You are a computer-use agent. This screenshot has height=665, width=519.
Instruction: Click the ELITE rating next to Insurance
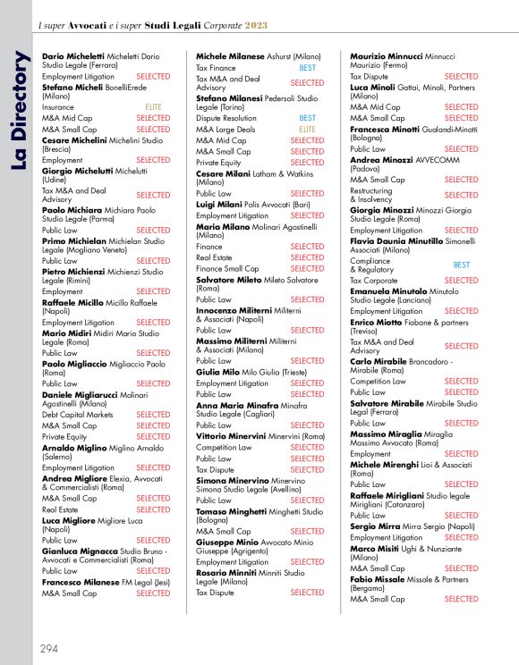tap(152, 106)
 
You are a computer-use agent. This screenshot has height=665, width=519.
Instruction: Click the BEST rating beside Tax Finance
tap(307, 67)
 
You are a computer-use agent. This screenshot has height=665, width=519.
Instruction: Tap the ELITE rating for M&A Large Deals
tap(307, 129)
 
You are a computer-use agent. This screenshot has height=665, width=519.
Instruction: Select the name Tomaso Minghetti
tap(231, 511)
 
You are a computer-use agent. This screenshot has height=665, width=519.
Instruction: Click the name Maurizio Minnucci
tap(386, 55)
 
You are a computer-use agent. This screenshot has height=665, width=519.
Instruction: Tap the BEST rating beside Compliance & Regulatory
tap(461, 265)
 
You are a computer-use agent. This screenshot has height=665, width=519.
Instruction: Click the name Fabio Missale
tap(379, 579)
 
